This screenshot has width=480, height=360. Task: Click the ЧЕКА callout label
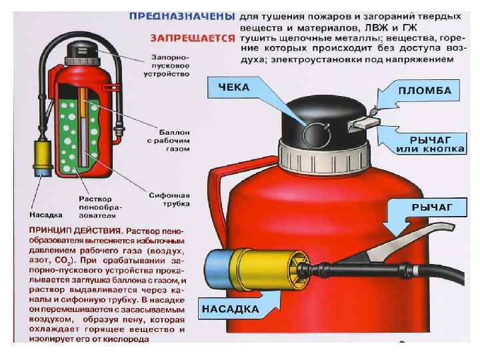[x=234, y=87]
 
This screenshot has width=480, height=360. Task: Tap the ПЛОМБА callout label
[x=425, y=91]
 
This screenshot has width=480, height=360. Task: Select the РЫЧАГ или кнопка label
[x=430, y=144]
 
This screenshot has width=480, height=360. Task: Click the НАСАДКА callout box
[x=231, y=309]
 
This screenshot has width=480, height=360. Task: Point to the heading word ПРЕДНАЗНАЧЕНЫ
[x=182, y=16]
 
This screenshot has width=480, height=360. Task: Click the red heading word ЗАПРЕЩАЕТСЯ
[x=192, y=38]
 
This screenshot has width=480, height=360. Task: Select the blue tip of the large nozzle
[x=218, y=269]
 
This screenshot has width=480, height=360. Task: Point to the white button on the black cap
[x=364, y=124]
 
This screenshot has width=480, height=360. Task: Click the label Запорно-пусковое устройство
[x=167, y=65]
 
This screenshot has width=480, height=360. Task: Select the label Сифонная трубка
[x=169, y=199]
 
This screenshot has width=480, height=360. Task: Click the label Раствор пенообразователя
[x=101, y=207]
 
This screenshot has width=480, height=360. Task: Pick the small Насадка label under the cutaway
[x=46, y=215]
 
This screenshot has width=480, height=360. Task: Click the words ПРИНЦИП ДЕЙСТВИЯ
[x=75, y=230]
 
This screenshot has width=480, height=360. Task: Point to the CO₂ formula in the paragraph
[x=64, y=261]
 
